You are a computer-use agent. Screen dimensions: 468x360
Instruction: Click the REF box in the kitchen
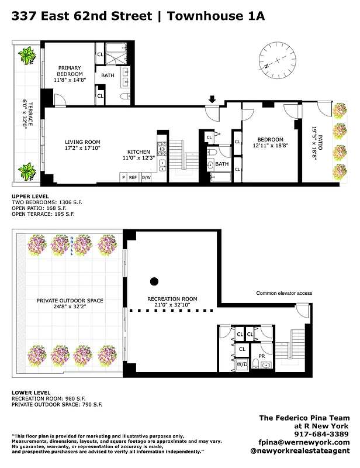click(133, 177)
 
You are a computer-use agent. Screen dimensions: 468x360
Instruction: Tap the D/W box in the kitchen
click(146, 177)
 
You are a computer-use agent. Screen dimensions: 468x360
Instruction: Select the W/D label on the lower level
click(241, 364)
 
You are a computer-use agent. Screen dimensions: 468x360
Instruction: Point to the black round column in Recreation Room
click(154, 281)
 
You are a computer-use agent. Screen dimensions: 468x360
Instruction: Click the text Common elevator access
click(284, 293)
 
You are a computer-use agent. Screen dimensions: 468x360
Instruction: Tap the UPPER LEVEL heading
click(30, 196)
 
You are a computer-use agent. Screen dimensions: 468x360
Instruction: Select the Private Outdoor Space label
click(69, 301)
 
